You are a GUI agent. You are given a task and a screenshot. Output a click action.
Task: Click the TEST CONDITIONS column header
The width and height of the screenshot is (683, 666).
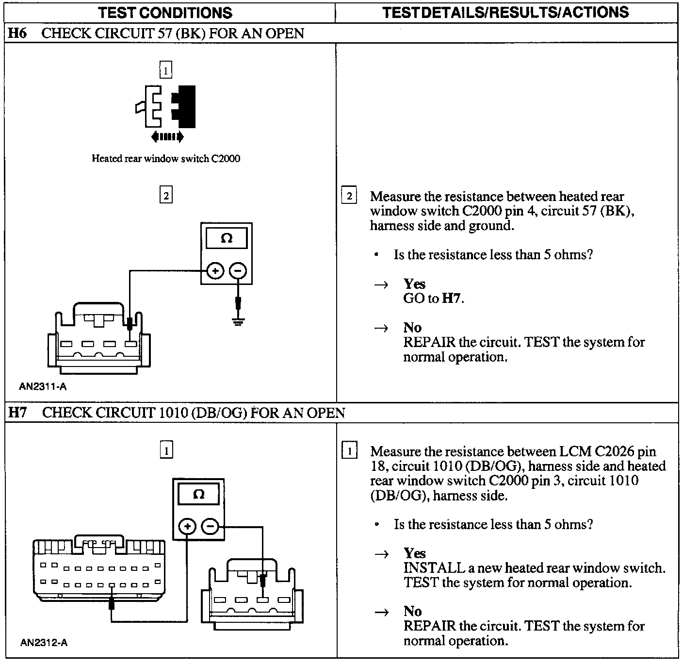point(165,13)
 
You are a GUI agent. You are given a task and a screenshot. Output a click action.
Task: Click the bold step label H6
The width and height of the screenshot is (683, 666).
point(17,33)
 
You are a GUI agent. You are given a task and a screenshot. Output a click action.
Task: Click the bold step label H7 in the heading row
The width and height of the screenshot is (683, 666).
point(18,413)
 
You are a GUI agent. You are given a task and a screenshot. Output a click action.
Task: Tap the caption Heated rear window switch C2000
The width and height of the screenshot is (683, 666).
point(166,158)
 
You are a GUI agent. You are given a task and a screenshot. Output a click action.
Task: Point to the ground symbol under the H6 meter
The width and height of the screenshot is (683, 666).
point(238,321)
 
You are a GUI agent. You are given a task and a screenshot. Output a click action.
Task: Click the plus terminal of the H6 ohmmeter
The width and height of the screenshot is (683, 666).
point(215,271)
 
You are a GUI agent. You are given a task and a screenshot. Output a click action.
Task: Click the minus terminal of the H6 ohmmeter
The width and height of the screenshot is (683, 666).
point(237,271)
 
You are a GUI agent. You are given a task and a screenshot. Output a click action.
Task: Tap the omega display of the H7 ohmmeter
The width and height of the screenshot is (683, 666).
point(199,495)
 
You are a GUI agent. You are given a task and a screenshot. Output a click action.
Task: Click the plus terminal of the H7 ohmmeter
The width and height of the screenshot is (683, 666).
point(188,526)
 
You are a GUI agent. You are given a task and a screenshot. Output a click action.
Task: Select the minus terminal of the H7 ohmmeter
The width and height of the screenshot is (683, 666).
point(210,526)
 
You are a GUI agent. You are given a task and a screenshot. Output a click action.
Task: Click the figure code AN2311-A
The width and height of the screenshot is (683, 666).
point(43,387)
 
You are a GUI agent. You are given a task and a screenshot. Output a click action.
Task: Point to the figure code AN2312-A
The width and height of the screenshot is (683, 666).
point(44,643)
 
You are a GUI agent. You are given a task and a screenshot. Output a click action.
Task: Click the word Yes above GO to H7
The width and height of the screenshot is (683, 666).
point(414,283)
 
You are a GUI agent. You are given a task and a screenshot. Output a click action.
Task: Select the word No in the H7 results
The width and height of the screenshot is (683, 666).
point(412,611)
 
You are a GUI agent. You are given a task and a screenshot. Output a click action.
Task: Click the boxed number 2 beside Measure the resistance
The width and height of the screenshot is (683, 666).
point(349,197)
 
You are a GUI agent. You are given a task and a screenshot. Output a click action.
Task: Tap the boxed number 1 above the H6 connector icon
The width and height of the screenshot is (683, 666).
point(166,71)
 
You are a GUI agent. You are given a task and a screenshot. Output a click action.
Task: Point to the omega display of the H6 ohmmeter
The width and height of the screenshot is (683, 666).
point(227,239)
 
